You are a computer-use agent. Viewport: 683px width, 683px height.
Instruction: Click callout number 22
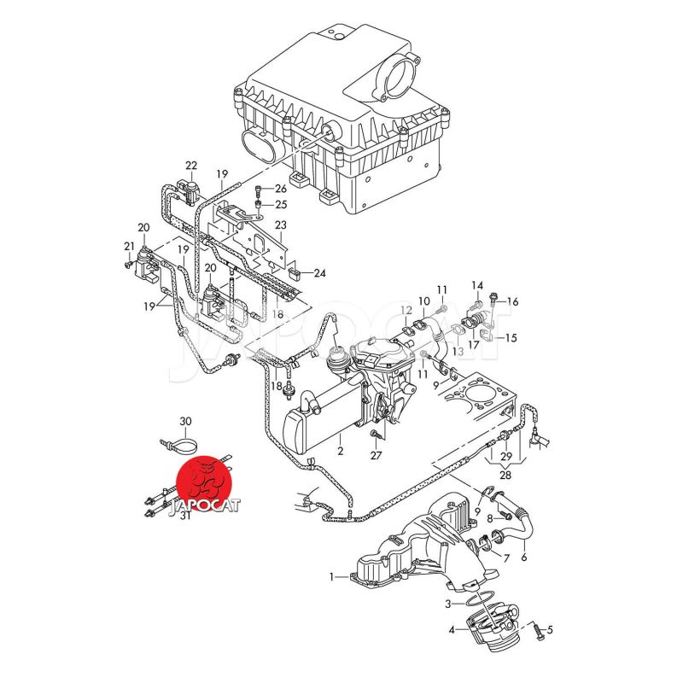(x=190, y=166)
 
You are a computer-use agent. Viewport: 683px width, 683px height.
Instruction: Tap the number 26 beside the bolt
(x=281, y=189)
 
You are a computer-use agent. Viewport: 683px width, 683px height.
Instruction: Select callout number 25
(x=281, y=205)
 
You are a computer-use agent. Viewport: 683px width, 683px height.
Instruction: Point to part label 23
(x=280, y=225)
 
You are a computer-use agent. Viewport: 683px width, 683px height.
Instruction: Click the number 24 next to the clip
(x=319, y=274)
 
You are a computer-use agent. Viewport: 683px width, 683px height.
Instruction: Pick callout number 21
(x=130, y=247)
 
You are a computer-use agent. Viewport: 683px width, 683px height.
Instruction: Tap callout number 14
(x=477, y=285)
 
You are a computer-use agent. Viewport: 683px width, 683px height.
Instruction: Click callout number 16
(x=513, y=301)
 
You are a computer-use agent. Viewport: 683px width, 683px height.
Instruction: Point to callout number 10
(x=424, y=301)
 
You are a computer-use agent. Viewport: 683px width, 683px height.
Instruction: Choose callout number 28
(x=506, y=476)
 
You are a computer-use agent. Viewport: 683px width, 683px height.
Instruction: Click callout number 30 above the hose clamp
(x=186, y=422)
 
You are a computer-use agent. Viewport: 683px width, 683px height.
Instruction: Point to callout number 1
(x=333, y=577)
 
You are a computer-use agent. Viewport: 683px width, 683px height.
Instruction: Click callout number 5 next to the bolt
(x=550, y=631)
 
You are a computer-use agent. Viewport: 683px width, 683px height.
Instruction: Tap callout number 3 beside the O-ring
(x=448, y=604)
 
